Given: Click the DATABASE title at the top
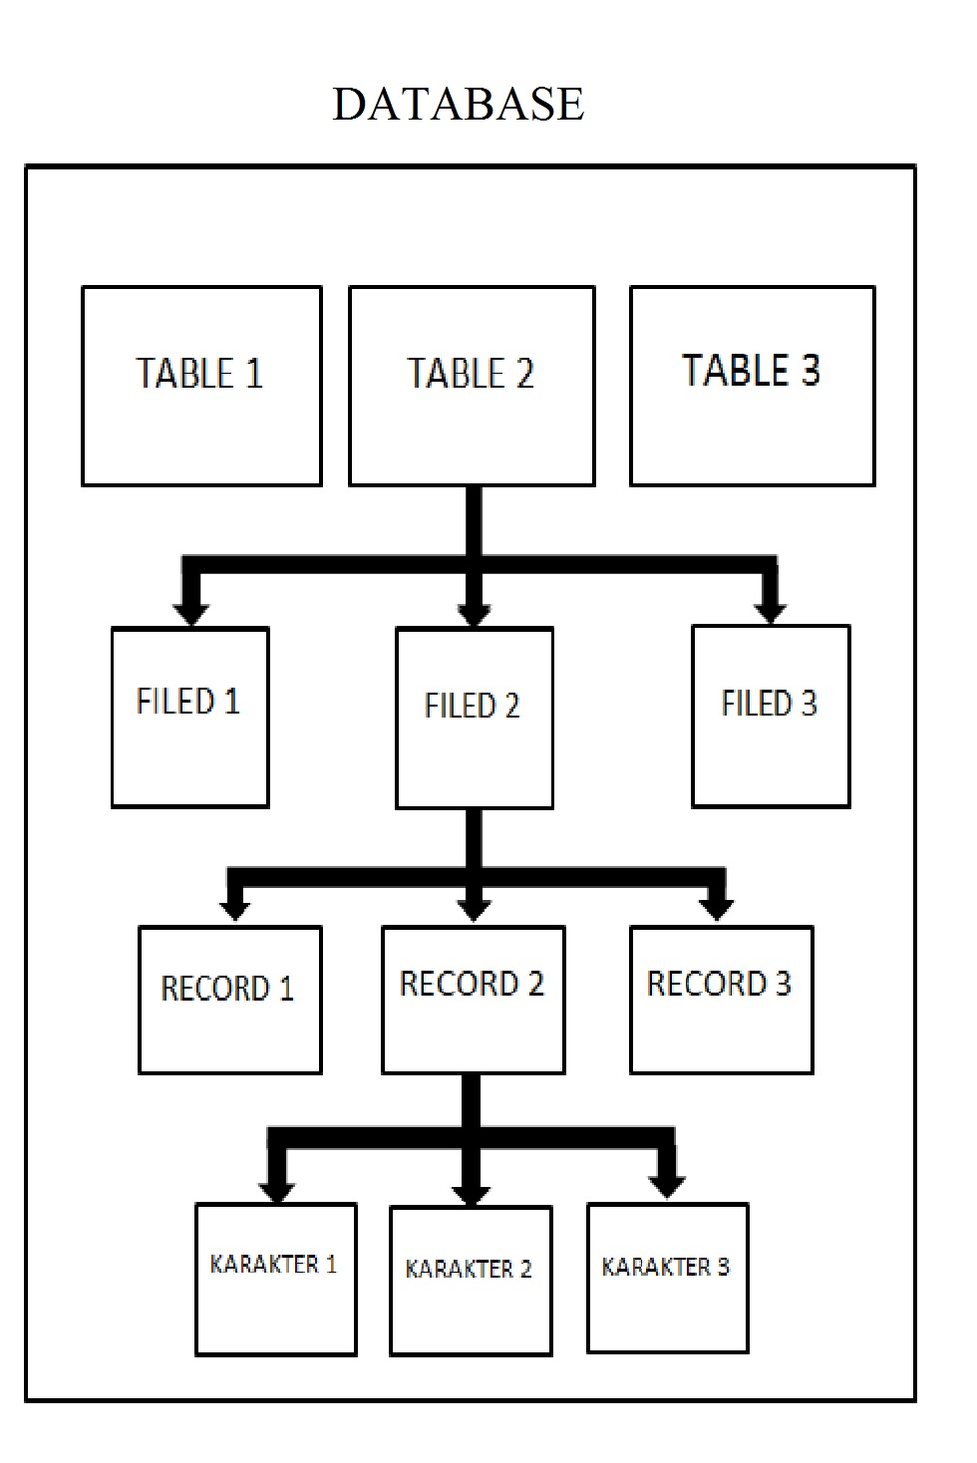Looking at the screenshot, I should (458, 104).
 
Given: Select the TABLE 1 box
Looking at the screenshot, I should (201, 386).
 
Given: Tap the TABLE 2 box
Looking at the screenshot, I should (472, 386).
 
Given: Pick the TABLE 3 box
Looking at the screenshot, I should (753, 386).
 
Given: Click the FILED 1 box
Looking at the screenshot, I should (189, 717).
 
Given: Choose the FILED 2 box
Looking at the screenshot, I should (475, 718).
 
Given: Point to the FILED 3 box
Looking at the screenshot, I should (771, 716).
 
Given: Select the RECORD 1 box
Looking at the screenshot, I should (229, 1000).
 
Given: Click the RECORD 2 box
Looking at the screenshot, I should (474, 1000).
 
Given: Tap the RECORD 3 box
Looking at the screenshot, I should (721, 1000).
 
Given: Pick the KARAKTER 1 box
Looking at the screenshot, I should (275, 1280).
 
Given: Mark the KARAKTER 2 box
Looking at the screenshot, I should (471, 1281).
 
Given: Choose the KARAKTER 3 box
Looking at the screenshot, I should (667, 1278).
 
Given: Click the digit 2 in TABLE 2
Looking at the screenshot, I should (524, 374).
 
